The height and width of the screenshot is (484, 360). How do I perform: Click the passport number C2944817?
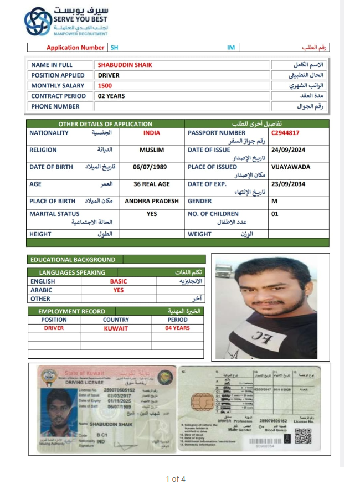pyautogui.click(x=285, y=133)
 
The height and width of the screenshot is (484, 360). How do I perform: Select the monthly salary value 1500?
pyautogui.click(x=105, y=86)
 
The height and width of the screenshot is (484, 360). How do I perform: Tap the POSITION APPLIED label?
pyautogui.click(x=58, y=75)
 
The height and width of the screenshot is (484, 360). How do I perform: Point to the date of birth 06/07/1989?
pyautogui.click(x=150, y=167)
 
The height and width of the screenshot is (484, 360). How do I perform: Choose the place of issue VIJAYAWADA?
pyautogui.click(x=291, y=167)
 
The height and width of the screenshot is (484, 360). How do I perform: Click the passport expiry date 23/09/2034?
pyautogui.click(x=288, y=184)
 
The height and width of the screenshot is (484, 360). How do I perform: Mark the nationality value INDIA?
pyautogui.click(x=152, y=133)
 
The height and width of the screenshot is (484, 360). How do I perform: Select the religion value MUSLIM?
pyautogui.click(x=152, y=150)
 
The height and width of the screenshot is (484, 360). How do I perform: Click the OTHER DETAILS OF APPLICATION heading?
pyautogui.click(x=105, y=124)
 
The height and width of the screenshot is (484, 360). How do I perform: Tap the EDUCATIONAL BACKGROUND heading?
pyautogui.click(x=73, y=259)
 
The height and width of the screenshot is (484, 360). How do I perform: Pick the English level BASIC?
pyautogui.click(x=118, y=281)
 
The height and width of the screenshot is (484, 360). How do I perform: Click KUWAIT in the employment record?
pyautogui.click(x=116, y=328)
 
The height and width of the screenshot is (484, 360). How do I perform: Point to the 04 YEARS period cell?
pyautogui.click(x=177, y=328)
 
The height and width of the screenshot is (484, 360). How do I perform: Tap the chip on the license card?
pyautogui.click(x=198, y=404)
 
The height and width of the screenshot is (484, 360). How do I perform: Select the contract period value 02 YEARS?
pyautogui.click(x=111, y=96)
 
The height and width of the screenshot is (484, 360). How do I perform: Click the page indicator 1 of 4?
pyautogui.click(x=176, y=478)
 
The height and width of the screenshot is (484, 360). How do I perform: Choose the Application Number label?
pyautogui.click(x=75, y=48)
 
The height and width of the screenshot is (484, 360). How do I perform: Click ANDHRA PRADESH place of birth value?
pyautogui.click(x=152, y=201)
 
